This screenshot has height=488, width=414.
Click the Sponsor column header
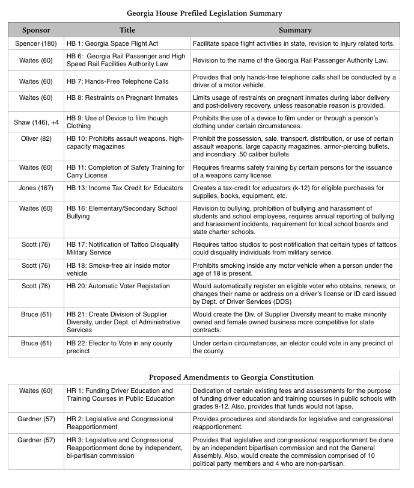36,30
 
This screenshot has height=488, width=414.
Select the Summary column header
295,30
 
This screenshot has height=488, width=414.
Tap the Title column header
127,30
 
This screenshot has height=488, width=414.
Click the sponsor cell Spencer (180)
36,44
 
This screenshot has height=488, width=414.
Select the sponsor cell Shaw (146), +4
36,122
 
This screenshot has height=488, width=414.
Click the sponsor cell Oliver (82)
36,139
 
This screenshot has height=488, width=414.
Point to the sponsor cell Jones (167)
36,188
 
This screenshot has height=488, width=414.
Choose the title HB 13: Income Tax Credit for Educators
125,188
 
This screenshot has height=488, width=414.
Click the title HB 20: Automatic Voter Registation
118,286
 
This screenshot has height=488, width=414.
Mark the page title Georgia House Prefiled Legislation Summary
204,12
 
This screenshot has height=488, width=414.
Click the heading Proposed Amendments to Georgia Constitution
231,377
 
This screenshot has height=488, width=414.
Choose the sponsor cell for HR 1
36,391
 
